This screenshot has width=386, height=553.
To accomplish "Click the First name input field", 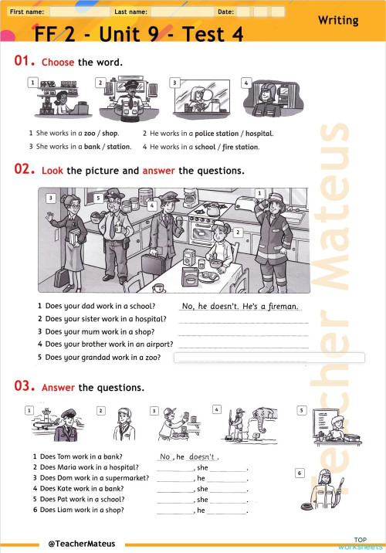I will coord(77,12).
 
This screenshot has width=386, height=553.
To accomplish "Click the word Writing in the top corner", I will coord(338,20).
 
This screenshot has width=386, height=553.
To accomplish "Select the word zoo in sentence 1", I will coord(90,133).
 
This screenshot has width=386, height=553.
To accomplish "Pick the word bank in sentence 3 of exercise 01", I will coord(92,146).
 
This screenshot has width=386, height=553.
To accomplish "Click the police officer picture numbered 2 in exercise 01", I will coord(126,100).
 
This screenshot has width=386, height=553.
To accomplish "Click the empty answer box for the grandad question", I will coord(269,358).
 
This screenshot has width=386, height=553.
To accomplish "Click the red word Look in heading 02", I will coord(52,170).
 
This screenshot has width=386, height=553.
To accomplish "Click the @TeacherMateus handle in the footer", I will coord(81,544).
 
